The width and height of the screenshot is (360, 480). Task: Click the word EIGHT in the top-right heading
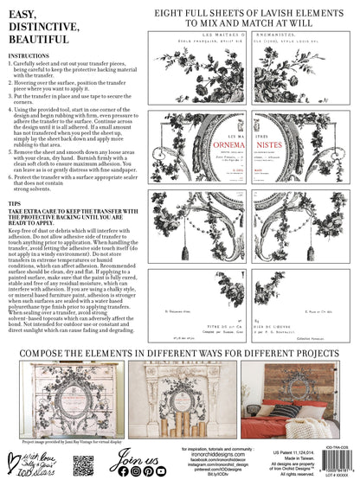tap(164, 13)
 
